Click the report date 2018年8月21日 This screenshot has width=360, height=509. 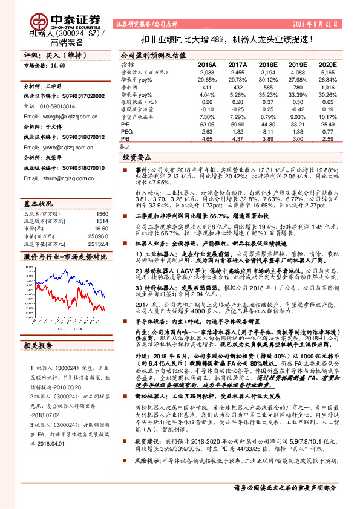pos(321,23)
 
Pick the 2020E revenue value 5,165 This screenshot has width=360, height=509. pos(327,72)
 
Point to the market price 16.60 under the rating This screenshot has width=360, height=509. pos(57,65)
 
